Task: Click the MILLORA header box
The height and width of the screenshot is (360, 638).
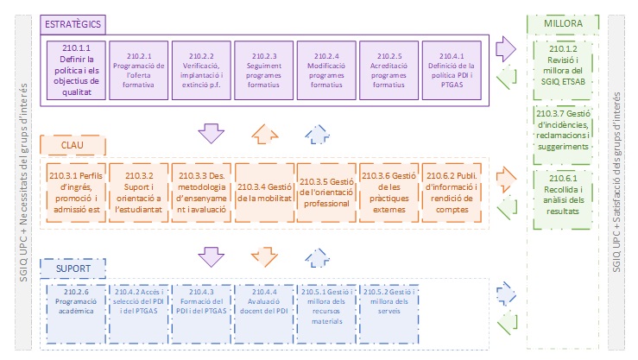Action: [x=562, y=23]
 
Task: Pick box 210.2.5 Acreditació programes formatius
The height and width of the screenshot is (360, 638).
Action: [x=388, y=64]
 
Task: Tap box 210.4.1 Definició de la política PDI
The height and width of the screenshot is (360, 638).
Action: [x=451, y=64]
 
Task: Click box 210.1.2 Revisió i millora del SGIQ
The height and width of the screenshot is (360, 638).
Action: [x=562, y=65]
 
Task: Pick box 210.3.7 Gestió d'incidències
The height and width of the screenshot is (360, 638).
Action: [x=562, y=130]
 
